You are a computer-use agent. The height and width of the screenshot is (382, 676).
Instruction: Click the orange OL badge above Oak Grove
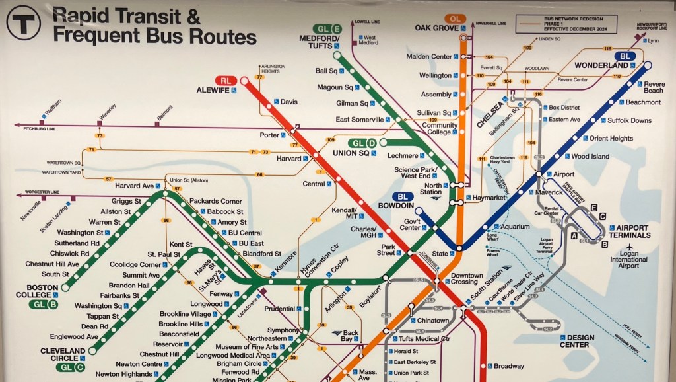[455, 19]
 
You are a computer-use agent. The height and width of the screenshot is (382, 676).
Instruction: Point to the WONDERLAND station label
[601, 66]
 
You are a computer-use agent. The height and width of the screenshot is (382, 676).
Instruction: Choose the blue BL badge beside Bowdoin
[403, 196]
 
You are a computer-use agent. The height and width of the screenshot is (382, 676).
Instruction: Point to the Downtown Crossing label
[467, 279]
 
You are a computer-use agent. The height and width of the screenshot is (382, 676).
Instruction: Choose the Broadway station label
[509, 366]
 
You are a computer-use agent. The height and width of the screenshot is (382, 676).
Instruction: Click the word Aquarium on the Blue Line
[514, 227]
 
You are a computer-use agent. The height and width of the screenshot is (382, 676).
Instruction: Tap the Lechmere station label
[403, 156]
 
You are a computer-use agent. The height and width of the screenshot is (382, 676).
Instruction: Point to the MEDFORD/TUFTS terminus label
[320, 40]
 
